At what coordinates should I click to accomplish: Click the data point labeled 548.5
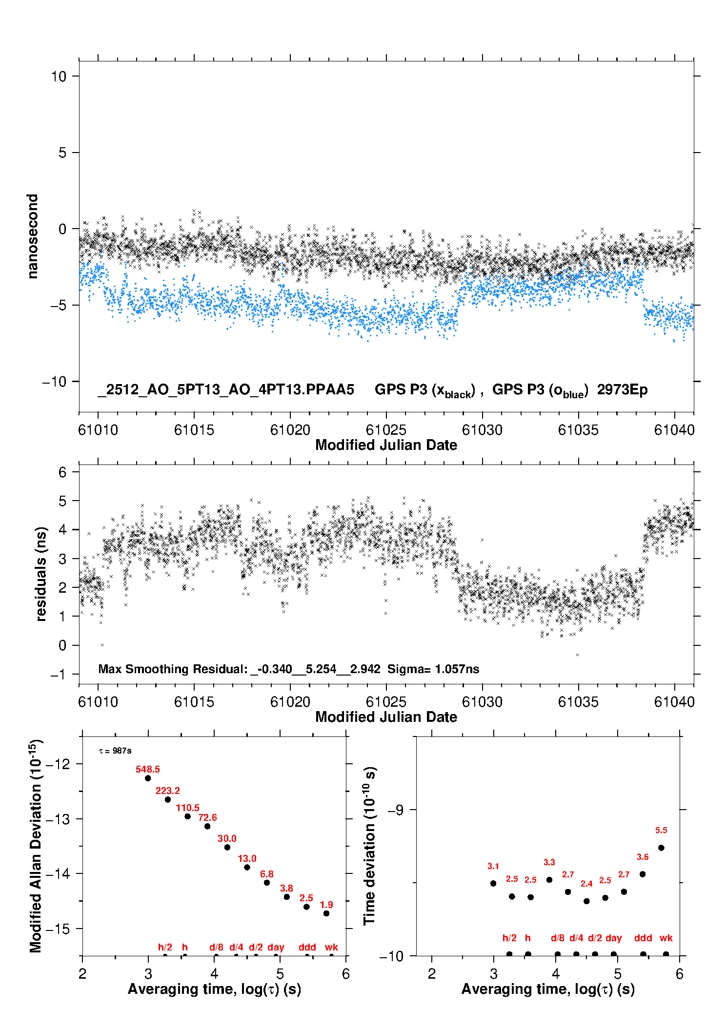[148, 778]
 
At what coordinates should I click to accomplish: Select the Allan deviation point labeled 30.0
[227, 847]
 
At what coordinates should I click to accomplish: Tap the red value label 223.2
[168, 791]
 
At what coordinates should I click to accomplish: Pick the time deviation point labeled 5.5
[661, 848]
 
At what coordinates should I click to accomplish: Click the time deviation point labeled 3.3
[549, 880]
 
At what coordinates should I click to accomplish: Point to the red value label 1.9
[326, 905]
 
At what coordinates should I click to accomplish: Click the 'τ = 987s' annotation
[115, 751]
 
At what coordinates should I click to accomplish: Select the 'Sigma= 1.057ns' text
[433, 669]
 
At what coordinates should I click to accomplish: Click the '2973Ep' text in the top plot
[622, 390]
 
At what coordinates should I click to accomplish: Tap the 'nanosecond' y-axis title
[32, 236]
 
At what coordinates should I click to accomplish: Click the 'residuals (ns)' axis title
[41, 574]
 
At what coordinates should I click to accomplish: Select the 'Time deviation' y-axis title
[369, 846]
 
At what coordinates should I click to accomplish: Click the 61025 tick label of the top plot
[386, 430]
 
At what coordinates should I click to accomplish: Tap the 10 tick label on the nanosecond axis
[59, 77]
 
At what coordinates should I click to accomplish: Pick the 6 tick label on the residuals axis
[62, 472]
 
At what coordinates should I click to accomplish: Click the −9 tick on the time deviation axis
[395, 810]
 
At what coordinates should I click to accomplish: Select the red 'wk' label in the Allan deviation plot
[331, 947]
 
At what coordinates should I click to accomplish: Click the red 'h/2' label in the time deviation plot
[509, 938]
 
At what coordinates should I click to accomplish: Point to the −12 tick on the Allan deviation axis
[58, 764]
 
